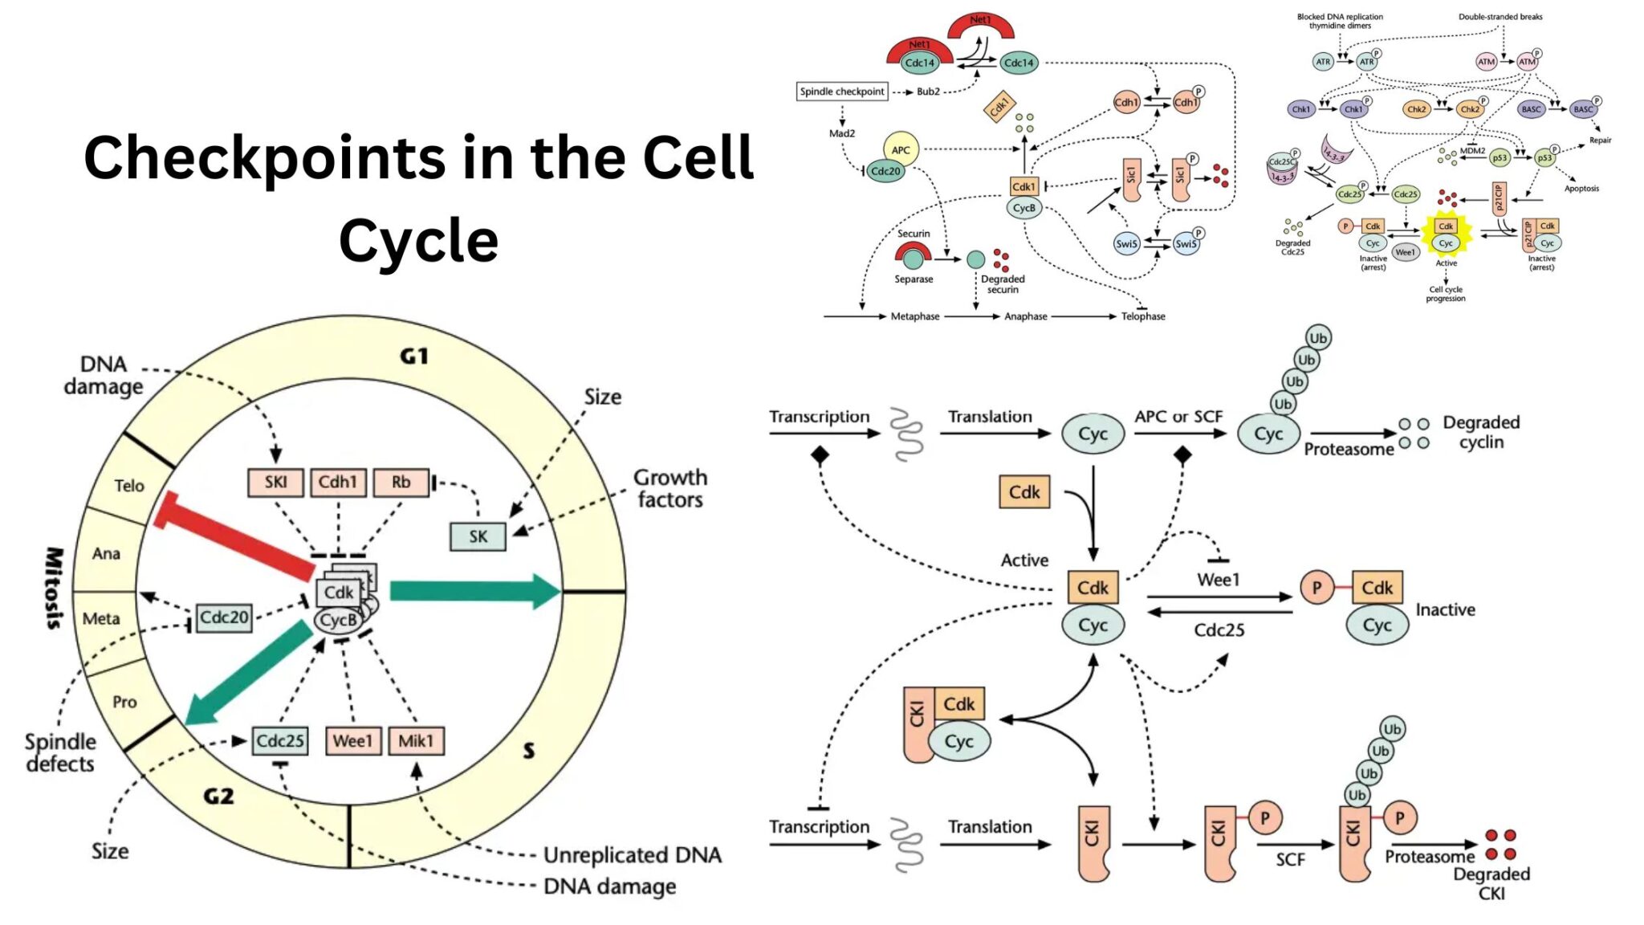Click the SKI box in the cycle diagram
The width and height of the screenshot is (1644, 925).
coord(275,482)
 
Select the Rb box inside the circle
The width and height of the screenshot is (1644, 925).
coord(401,482)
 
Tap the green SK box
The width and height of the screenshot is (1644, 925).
coord(478,536)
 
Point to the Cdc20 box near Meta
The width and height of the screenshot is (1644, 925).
coord(224,617)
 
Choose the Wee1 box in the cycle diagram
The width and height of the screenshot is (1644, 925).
coord(352,740)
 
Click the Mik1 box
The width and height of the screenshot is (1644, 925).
coord(416,740)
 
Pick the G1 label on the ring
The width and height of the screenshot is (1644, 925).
coord(414,356)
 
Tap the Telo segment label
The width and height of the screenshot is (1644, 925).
coord(128,486)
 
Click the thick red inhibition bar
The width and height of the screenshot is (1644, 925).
coord(237,536)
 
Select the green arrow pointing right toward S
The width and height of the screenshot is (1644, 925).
coord(474,592)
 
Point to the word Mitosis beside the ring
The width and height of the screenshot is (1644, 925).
coord(54,588)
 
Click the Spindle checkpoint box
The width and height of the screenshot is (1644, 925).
coord(841,92)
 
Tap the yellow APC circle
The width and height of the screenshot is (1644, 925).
coord(901,149)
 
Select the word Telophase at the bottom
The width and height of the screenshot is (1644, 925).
coord(1142,316)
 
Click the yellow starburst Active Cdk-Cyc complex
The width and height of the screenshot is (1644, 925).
coord(1446,234)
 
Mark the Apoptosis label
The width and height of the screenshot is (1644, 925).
coord(1581,189)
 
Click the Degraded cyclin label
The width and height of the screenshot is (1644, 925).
coord(1481,432)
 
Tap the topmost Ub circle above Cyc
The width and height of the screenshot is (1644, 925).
coord(1318,337)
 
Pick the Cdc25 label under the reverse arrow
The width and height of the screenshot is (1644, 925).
coord(1219,630)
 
